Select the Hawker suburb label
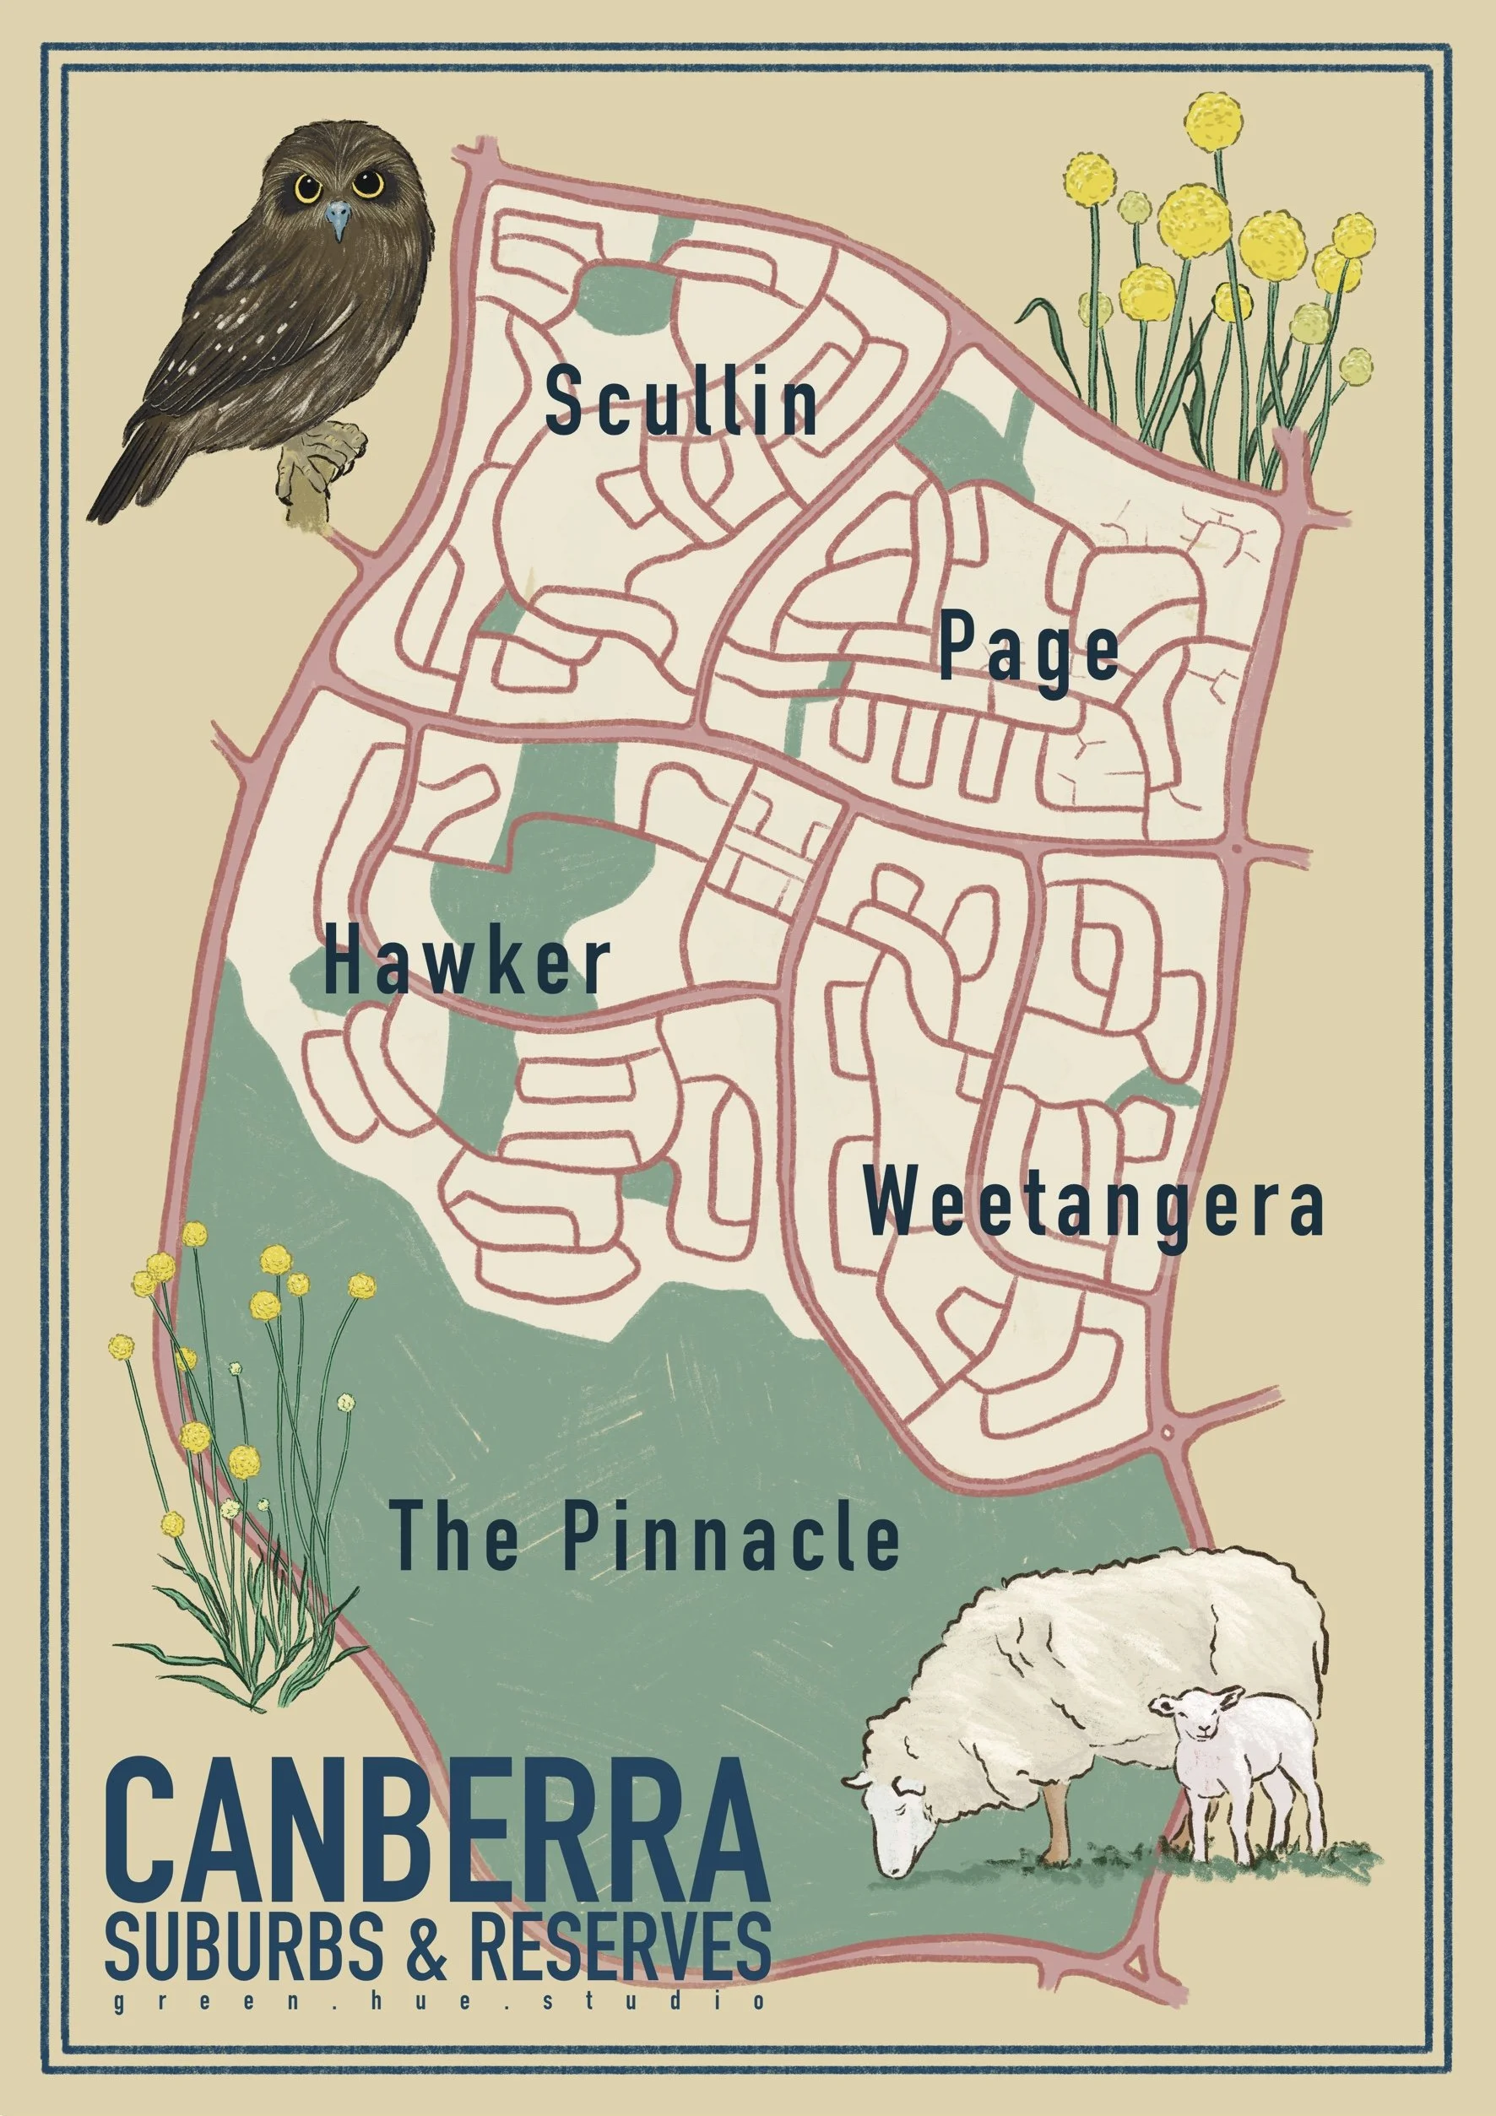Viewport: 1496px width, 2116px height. click(466, 963)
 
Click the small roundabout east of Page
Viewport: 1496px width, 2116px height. click(1236, 845)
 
